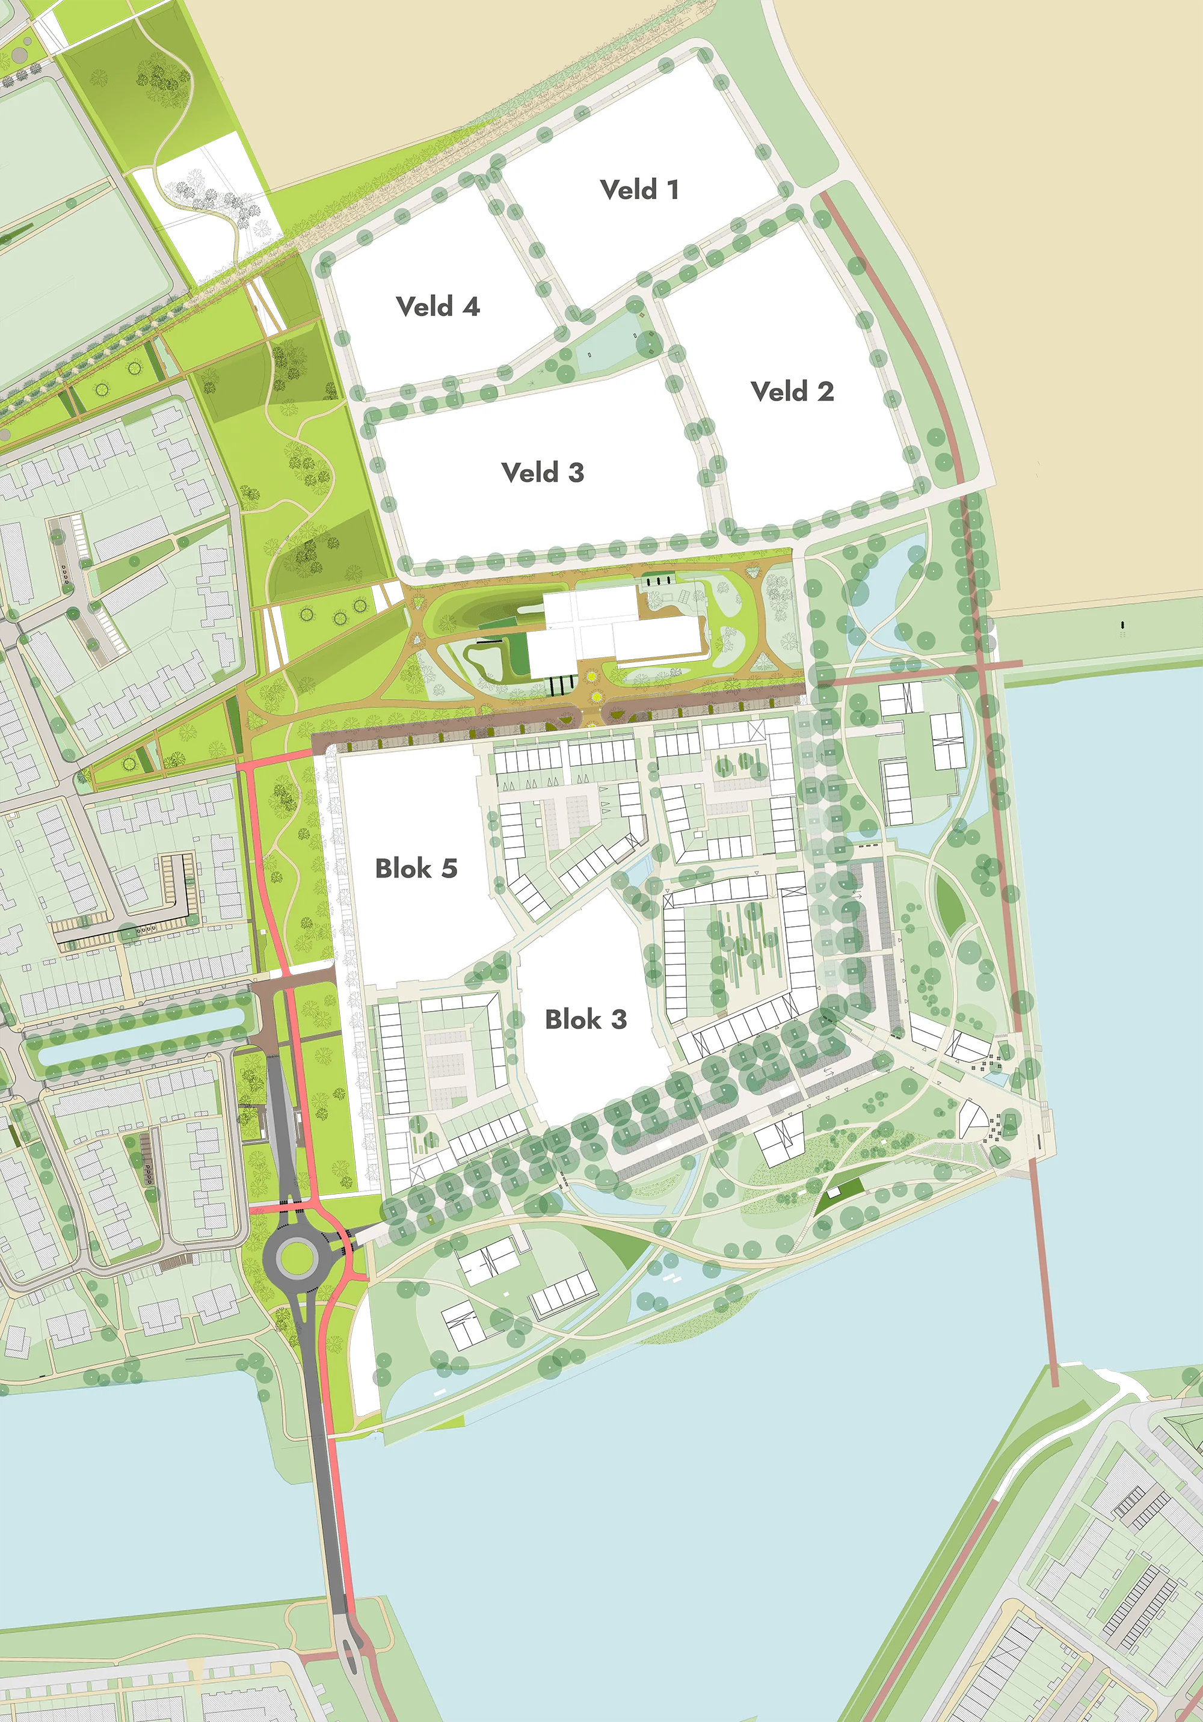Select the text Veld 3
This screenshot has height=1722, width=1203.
[x=542, y=473]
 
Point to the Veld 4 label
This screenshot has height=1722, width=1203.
[x=437, y=307]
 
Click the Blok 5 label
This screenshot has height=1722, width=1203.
[x=416, y=869]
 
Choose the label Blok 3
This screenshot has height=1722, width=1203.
[x=586, y=1019]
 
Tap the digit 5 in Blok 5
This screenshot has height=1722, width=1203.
[x=449, y=869]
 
